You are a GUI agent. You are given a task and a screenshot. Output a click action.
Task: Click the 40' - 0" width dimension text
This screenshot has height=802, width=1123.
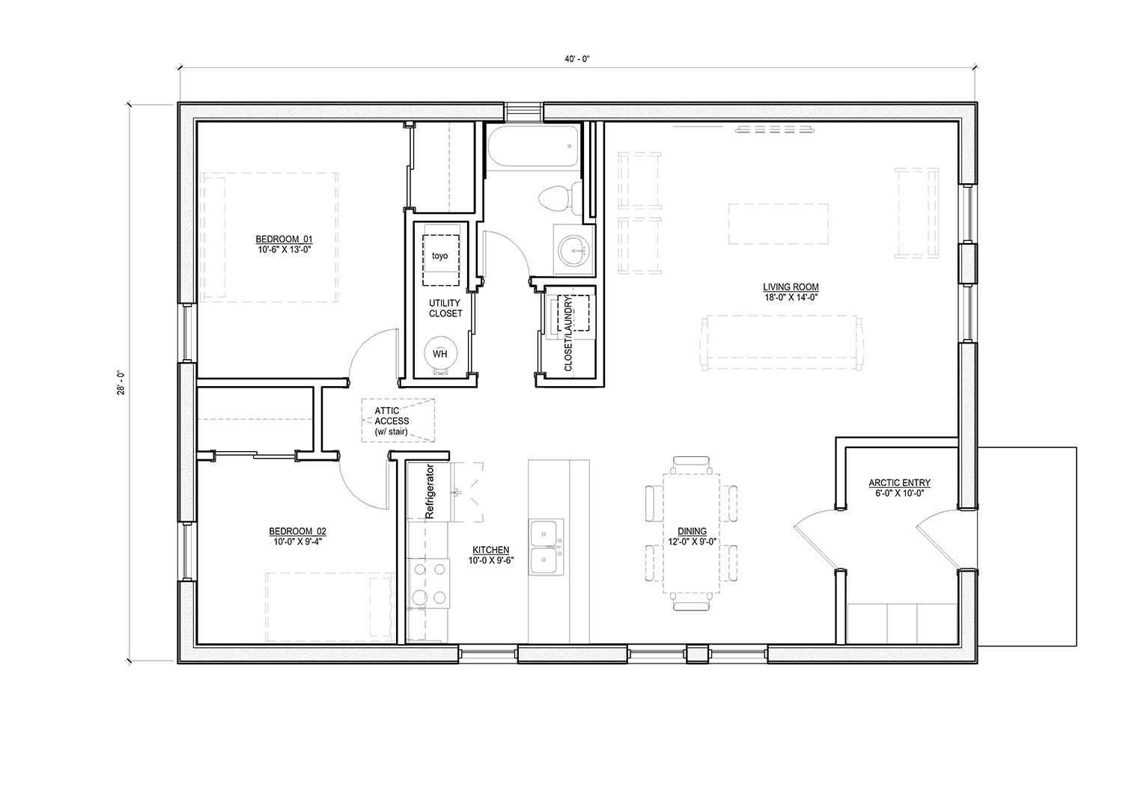577,59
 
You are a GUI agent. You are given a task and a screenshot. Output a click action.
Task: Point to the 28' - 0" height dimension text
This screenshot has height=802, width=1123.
121,383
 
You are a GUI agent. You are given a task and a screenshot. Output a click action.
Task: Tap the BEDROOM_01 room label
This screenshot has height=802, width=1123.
284,239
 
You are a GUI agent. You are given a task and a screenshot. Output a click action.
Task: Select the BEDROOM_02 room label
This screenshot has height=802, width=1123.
298,531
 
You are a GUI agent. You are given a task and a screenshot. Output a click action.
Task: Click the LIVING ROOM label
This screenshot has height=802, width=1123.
791,287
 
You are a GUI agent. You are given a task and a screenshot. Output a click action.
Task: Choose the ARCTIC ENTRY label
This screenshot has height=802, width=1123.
900,483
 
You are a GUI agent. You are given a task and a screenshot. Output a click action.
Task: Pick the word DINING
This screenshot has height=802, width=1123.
693,531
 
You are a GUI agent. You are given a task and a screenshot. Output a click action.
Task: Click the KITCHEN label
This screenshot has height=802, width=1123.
491,551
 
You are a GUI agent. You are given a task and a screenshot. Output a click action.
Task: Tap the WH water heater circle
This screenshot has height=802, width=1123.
439,353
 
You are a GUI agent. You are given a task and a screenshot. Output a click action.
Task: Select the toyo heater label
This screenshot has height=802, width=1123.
439,256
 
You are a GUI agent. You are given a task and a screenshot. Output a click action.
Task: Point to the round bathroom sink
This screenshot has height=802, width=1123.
573,251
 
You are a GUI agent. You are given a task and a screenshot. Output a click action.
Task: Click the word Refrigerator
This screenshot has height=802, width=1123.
429,491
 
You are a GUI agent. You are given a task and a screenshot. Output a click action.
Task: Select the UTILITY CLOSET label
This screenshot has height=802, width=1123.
445,308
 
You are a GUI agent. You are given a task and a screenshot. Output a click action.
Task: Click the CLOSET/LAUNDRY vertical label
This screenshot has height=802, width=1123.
568,333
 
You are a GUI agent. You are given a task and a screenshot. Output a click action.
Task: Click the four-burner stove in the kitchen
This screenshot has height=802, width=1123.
429,583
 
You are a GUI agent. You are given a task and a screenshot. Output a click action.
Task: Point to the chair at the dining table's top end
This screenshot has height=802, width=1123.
692,465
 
